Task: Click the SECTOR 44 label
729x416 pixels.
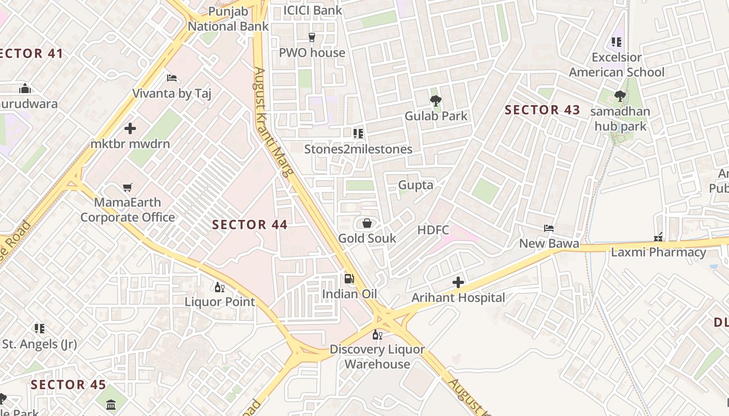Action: (x=250, y=225)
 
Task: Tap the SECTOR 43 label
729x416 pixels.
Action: (x=542, y=110)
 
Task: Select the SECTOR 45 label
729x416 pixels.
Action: (x=68, y=385)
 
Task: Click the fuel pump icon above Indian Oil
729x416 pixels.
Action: (x=349, y=279)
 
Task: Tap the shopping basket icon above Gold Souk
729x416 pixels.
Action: (x=367, y=223)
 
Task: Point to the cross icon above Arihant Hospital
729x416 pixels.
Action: (x=458, y=282)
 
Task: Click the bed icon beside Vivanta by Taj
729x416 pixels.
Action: (x=172, y=79)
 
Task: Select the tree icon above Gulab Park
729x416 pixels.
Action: (x=436, y=100)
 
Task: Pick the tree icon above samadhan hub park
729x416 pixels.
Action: (x=620, y=96)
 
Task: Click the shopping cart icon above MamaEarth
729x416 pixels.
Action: (x=128, y=187)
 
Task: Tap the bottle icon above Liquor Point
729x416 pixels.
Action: (x=220, y=287)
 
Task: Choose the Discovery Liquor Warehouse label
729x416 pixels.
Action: (x=377, y=357)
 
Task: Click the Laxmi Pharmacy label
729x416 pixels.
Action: (x=658, y=253)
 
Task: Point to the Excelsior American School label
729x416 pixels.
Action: (x=617, y=64)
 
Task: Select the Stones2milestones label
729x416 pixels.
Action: (x=358, y=149)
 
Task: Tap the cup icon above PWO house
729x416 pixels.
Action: (x=312, y=37)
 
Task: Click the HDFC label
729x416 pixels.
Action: (x=433, y=230)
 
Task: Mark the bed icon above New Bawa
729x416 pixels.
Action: (x=549, y=228)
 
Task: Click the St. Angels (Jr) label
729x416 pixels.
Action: (x=40, y=344)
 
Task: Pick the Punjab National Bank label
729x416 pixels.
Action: (x=228, y=19)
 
